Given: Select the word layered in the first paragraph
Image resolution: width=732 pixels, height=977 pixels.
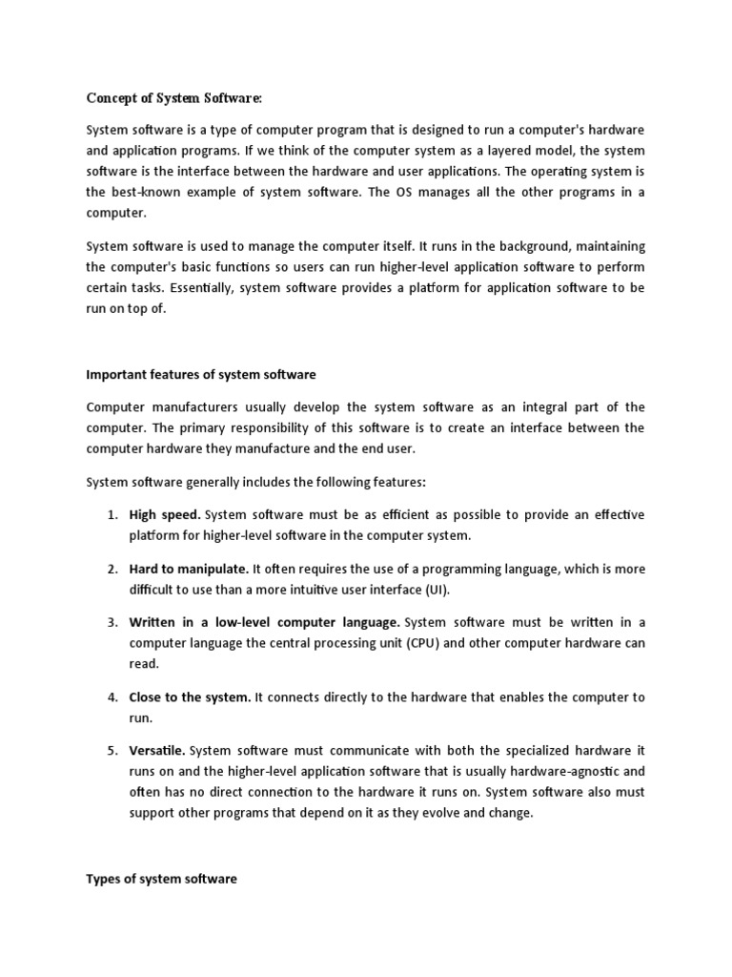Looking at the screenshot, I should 456,151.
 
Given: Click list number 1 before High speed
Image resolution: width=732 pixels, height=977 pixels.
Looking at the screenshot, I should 112,515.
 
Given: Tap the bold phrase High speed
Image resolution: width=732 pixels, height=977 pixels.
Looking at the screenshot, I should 165,515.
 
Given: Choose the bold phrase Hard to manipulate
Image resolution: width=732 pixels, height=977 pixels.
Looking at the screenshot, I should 189,569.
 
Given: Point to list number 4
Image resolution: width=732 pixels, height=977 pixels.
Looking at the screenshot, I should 112,697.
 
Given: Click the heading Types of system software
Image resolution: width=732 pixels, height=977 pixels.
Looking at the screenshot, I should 161,879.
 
